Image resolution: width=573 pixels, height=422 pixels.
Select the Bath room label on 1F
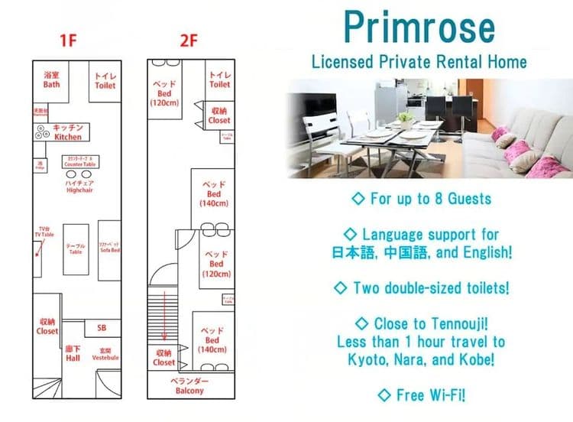click(51, 80)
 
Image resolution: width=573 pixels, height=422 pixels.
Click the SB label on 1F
click(102, 328)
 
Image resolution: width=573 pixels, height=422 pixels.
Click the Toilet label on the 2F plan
click(219, 80)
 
